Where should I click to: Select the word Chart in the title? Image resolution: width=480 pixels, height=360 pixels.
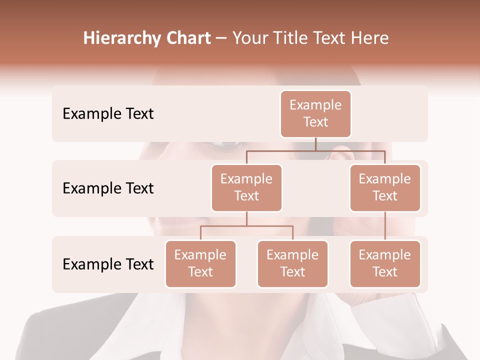pos(188,38)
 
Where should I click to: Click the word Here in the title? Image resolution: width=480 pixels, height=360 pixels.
pos(370,38)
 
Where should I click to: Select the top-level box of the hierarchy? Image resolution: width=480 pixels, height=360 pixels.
pos(315,113)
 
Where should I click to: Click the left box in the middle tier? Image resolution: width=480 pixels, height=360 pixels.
pos(246,187)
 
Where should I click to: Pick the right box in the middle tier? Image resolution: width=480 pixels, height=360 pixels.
pos(385,187)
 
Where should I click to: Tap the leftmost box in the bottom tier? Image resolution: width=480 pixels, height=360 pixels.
pos(200,263)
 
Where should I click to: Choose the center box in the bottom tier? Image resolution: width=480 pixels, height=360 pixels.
pos(292,263)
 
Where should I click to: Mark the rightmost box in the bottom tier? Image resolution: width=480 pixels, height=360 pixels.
pos(385,263)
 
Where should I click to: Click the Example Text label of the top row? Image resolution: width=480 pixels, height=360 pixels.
pos(108,114)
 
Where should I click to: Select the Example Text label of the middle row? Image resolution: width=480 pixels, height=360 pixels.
pos(108,188)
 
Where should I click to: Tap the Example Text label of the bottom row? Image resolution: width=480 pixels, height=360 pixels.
pos(108,264)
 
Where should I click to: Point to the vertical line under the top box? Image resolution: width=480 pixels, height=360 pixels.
pos(315,144)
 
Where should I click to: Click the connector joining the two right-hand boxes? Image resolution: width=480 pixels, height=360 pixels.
pos(385,226)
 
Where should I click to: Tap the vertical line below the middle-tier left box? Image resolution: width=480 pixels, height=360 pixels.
pos(246,218)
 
